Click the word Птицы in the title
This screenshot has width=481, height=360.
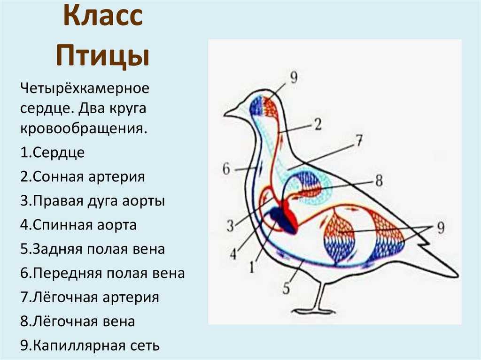tap(103, 56)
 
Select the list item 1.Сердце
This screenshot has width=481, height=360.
tap(53, 153)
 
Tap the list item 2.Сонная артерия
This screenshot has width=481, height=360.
tap(83, 176)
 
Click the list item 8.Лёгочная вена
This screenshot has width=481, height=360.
tap(78, 322)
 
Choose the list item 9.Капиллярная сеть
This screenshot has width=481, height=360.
tap(90, 345)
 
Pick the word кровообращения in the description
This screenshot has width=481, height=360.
tap(84, 129)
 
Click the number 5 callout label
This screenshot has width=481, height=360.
tap(286, 289)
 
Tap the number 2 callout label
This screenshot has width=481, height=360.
tap(318, 124)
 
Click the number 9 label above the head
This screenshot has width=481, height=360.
tap(294, 77)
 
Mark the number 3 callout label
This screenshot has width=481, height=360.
tap(230, 226)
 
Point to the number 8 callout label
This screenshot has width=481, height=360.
tap(379, 180)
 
